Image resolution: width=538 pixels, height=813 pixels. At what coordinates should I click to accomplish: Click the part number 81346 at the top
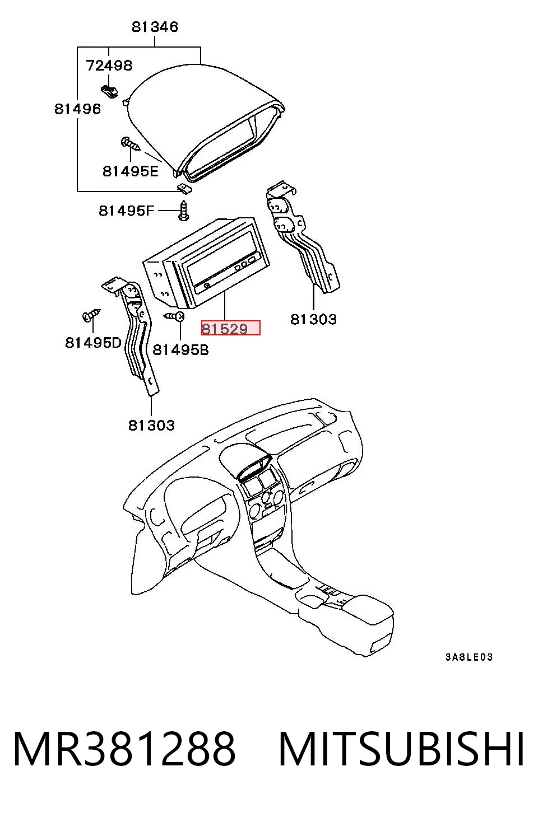(155, 27)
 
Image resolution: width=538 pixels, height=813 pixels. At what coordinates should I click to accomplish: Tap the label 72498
(109, 66)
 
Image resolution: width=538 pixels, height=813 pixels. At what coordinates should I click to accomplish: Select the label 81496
(77, 109)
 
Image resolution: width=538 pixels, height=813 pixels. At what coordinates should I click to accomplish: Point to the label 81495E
(131, 171)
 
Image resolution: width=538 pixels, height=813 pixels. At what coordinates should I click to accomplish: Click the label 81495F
(127, 211)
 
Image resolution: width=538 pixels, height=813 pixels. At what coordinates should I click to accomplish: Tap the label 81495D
(94, 342)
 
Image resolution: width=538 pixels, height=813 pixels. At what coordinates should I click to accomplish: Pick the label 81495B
(180, 349)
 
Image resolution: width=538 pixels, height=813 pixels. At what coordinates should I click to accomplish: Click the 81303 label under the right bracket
(313, 319)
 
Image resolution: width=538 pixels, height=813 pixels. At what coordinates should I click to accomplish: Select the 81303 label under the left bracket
(151, 425)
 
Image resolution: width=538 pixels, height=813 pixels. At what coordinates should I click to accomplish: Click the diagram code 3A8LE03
(469, 657)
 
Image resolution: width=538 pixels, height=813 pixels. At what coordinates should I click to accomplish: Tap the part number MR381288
(124, 750)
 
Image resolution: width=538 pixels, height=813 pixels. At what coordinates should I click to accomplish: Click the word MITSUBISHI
(401, 750)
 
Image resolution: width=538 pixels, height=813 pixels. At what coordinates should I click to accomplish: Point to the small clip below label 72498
(109, 91)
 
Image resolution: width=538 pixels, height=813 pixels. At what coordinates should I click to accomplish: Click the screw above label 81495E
(130, 144)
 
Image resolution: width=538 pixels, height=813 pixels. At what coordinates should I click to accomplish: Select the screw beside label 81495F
(184, 211)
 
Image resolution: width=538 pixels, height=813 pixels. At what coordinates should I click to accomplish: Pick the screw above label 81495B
(175, 316)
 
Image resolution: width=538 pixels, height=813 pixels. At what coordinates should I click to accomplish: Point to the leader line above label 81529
(225, 305)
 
